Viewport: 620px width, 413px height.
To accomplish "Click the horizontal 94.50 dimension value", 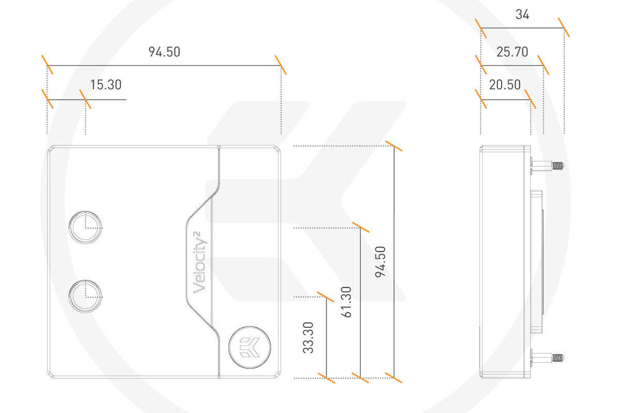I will click(x=164, y=52).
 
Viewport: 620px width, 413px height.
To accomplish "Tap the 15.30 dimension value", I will click(x=105, y=85).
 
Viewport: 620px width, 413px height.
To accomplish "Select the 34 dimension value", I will click(x=522, y=15).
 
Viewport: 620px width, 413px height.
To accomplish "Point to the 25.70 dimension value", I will click(x=512, y=52).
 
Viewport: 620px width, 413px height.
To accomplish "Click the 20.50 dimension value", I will click(x=505, y=85).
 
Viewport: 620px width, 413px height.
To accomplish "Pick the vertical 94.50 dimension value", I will click(x=381, y=262).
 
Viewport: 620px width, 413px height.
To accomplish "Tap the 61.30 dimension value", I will click(x=347, y=301).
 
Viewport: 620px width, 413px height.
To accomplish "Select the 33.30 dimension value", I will click(x=308, y=338).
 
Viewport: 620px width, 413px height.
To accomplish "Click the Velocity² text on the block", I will click(x=200, y=263).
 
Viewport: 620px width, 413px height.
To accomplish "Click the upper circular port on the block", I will click(x=85, y=227).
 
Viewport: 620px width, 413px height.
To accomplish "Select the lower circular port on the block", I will click(x=85, y=296).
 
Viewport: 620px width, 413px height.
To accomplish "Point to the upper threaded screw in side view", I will click(x=550, y=166).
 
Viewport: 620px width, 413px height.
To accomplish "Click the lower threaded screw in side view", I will click(x=550, y=357).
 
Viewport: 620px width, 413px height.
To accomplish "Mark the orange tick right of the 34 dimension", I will click(x=564, y=27).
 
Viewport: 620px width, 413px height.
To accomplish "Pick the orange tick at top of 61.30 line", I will click(x=360, y=227).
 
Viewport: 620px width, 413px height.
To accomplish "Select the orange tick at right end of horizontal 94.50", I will click(x=281, y=65).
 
